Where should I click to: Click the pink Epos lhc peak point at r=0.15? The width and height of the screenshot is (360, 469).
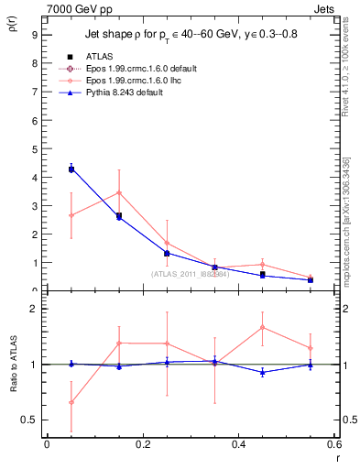click(x=119, y=192)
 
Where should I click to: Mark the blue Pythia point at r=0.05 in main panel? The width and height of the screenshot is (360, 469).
click(x=71, y=169)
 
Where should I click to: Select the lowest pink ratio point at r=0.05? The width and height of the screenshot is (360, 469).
click(x=71, y=402)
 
